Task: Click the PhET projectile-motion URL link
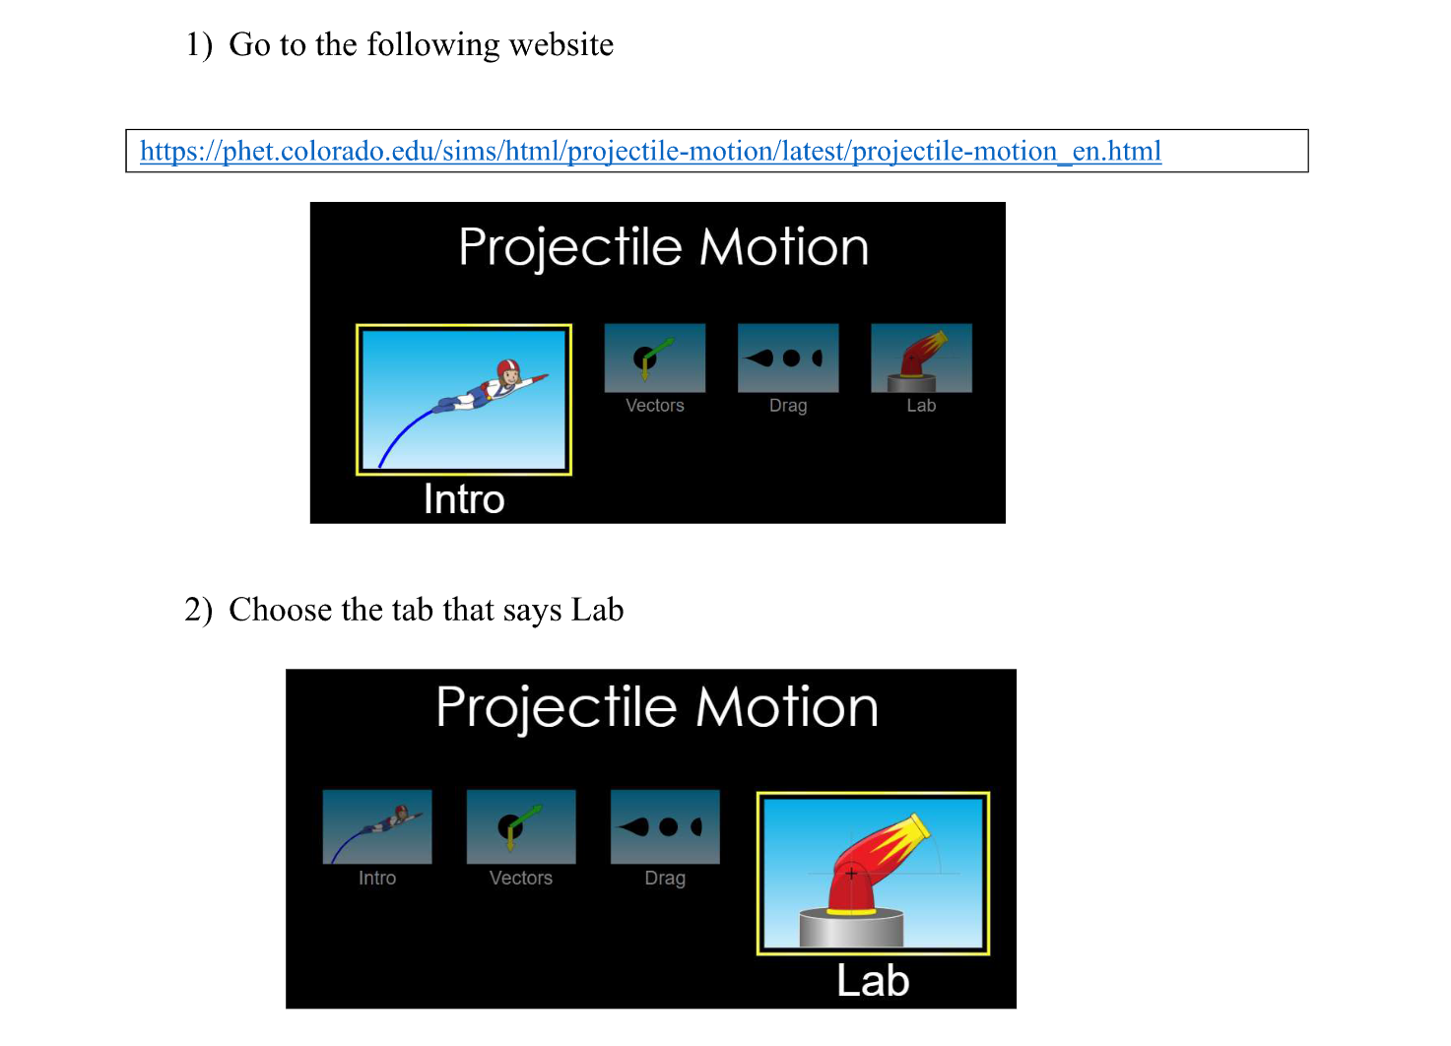[650, 152]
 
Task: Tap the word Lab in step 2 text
[597, 610]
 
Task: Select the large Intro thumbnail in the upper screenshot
[464, 399]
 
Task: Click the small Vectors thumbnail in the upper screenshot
[654, 358]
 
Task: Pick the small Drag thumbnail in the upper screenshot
[788, 358]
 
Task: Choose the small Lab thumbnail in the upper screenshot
[921, 358]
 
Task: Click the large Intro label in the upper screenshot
[464, 499]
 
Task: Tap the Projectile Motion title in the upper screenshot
[663, 247]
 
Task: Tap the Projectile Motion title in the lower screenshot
[656, 707]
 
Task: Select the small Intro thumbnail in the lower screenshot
[377, 826]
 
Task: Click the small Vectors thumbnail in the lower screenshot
[521, 826]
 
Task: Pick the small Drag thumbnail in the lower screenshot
[665, 826]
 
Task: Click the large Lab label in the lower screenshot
[873, 981]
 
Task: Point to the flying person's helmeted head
[507, 370]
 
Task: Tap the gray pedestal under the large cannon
[851, 928]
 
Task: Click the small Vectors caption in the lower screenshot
[521, 878]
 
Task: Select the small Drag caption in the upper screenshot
[788, 406]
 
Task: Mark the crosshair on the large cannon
[851, 873]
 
